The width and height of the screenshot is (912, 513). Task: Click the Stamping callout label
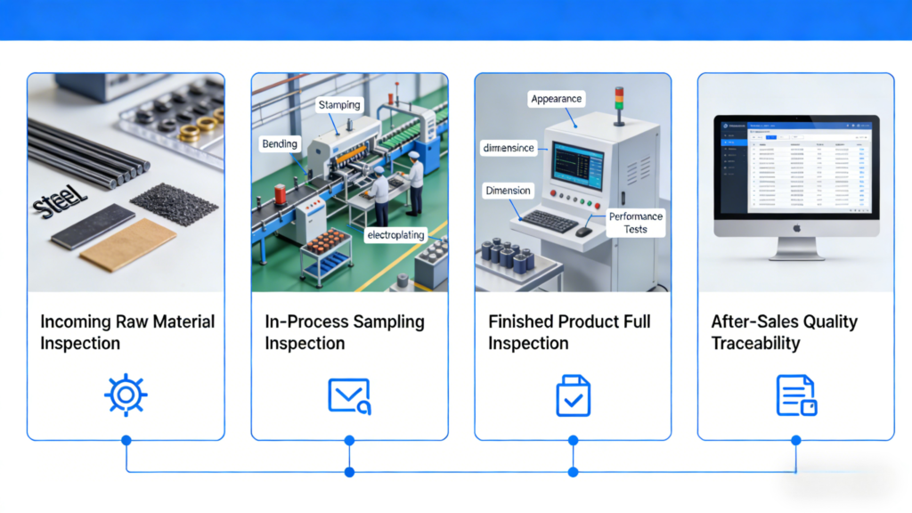point(339,105)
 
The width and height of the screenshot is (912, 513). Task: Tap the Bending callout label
point(281,143)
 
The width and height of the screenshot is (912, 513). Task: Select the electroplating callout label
point(395,235)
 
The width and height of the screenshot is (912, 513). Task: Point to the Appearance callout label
point(556,99)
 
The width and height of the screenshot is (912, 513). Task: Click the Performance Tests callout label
point(636,223)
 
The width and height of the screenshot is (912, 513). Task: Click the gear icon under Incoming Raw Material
point(126,395)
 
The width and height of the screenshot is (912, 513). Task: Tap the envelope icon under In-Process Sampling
point(348,395)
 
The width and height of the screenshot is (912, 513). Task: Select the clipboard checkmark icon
point(573,395)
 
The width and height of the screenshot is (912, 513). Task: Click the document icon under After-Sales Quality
point(795,395)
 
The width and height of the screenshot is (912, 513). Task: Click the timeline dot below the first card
point(126,440)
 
